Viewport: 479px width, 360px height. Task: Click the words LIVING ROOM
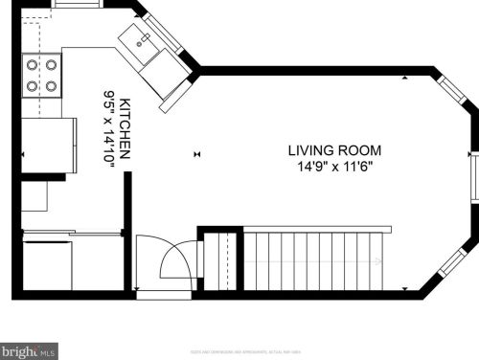(334, 150)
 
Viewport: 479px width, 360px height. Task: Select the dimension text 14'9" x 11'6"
(334, 167)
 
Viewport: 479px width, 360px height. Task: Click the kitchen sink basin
(141, 41)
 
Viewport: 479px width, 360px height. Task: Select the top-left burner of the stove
(32, 65)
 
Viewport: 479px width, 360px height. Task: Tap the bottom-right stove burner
(49, 84)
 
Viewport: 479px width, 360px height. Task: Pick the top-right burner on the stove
(49, 65)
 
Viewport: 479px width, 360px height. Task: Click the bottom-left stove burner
(32, 84)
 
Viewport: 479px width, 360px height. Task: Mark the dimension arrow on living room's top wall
(406, 76)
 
